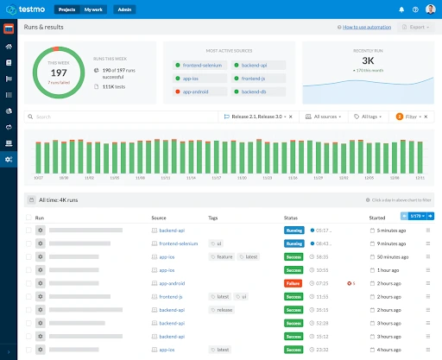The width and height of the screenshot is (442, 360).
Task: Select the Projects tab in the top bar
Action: pos(67,9)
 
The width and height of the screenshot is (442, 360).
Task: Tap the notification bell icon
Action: pos(401,9)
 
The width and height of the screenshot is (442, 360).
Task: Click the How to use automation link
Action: pos(364,28)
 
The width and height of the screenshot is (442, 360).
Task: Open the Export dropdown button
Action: pos(417,28)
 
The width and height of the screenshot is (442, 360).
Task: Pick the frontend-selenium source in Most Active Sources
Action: pos(201,65)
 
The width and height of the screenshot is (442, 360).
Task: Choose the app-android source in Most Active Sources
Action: pos(195,91)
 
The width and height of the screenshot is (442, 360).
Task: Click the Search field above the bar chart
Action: pos(121,116)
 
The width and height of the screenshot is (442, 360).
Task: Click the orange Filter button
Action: pos(410,116)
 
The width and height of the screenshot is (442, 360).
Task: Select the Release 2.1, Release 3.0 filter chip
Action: pos(256,116)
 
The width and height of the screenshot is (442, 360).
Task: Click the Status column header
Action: pos(291,218)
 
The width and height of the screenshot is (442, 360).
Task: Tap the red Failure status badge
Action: pos(294,283)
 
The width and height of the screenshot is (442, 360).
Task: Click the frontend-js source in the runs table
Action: pos(171,296)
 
